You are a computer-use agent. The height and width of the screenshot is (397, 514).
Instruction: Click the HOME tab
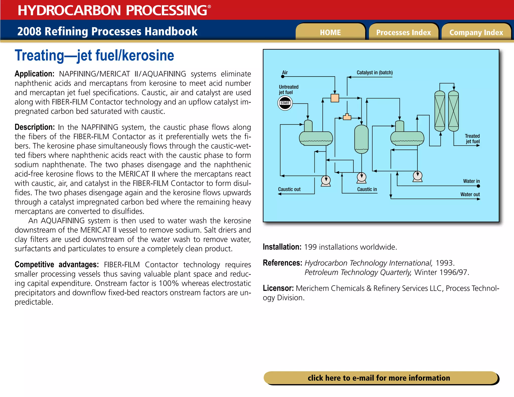330,32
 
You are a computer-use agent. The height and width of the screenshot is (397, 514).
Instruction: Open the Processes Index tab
403,32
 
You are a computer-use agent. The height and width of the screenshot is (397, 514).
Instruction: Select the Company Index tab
476,32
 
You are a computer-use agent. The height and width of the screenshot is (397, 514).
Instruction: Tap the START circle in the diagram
285,103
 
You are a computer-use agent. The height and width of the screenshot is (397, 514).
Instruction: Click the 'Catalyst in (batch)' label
374,73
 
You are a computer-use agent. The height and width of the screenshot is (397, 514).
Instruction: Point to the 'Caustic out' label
289,189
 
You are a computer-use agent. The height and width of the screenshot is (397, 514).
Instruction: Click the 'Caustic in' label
367,189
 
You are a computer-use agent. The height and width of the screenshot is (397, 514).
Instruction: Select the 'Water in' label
471,181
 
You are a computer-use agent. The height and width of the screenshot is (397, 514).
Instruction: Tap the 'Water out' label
470,194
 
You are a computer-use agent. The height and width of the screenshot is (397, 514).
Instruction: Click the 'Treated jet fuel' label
472,139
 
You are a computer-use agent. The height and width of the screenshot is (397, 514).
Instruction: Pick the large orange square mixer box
335,98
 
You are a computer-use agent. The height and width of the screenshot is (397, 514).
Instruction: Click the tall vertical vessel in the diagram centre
361,139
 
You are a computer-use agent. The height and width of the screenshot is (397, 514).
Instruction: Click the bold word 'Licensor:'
278,288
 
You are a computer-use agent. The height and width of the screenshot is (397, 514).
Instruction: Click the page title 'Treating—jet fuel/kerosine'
94,55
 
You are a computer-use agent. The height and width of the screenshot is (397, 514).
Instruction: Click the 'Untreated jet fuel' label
288,90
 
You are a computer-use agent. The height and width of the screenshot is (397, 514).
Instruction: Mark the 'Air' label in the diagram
285,73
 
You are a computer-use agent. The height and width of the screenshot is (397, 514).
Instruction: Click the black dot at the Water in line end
478,186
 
